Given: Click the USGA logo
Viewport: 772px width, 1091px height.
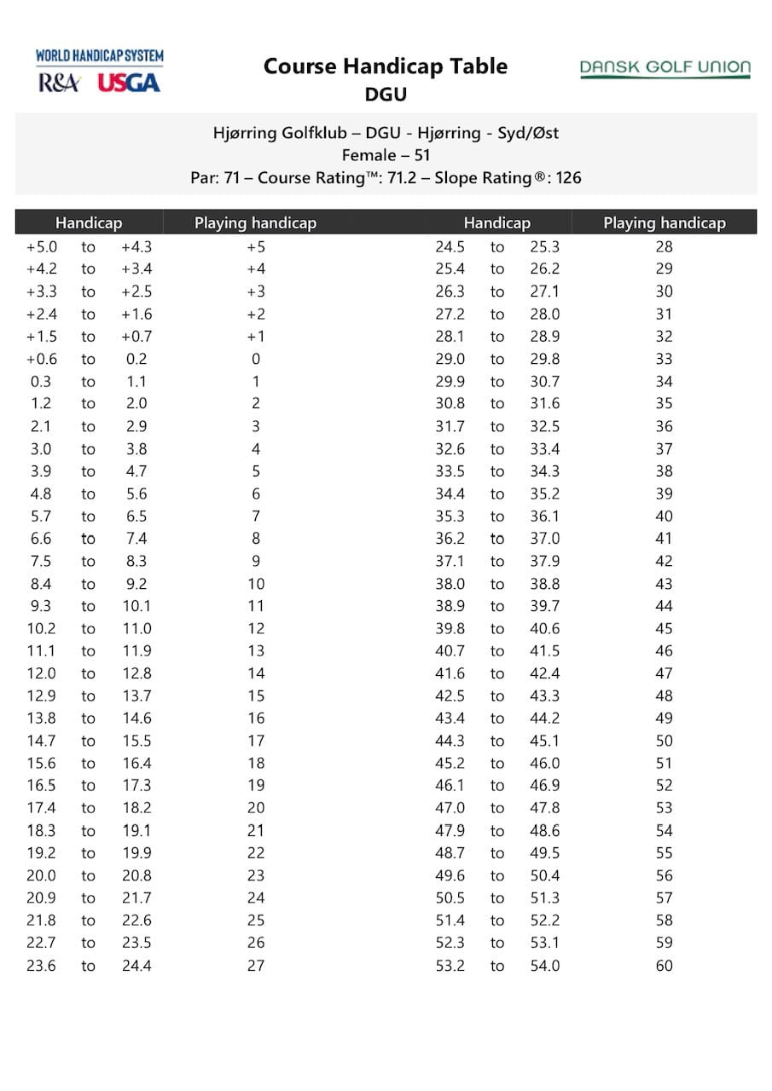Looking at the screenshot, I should [x=129, y=83].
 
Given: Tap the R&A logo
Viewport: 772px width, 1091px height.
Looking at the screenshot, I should [x=60, y=83].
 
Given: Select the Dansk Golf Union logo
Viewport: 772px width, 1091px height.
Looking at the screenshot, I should [x=665, y=68].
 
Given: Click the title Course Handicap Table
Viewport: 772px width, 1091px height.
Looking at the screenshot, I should [x=386, y=66].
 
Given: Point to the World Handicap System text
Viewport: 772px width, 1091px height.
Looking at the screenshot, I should [x=100, y=56].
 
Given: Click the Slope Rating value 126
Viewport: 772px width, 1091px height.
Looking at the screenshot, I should [x=568, y=178].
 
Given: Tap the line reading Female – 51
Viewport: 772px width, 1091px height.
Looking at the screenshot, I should [x=386, y=155].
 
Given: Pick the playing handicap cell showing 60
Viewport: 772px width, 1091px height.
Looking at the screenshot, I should [x=664, y=966].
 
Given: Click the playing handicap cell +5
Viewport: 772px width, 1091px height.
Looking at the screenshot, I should [x=255, y=247].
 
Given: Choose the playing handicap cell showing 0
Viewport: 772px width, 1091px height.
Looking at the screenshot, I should [x=255, y=359].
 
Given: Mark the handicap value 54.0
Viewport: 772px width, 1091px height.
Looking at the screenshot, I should [x=544, y=966].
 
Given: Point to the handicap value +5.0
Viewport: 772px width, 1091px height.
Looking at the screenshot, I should [x=41, y=247].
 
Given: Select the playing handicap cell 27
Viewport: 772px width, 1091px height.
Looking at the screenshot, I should [x=255, y=966].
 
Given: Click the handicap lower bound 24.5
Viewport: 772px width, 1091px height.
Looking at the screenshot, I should [x=450, y=247].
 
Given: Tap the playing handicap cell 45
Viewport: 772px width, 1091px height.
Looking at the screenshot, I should [x=664, y=628].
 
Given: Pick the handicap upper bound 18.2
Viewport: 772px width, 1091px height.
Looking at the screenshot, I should [x=136, y=808].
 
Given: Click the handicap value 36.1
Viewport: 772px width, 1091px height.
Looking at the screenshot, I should [x=544, y=517].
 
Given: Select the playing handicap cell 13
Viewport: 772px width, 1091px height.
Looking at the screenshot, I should [x=255, y=651].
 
